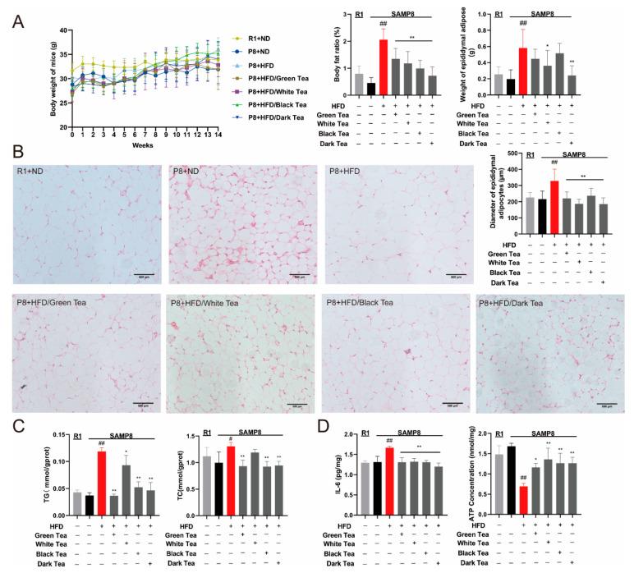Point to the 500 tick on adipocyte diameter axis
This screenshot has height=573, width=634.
512,154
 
